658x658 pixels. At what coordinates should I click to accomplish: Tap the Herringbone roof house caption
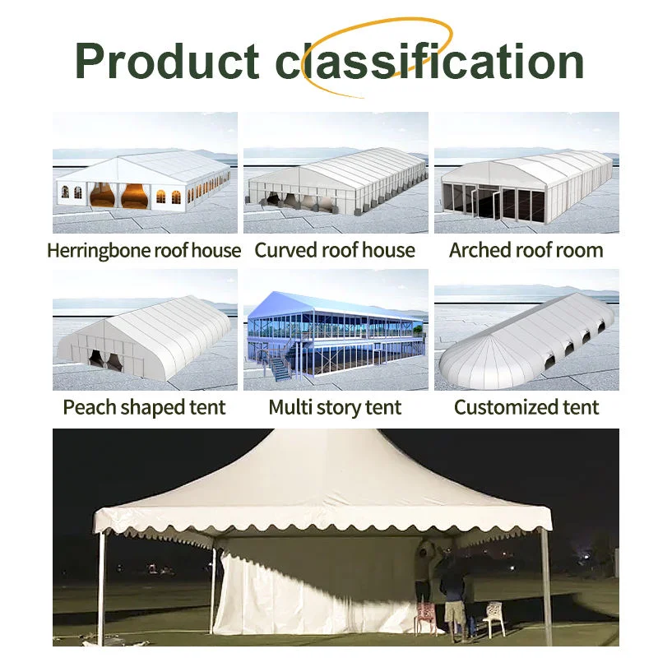click(x=144, y=250)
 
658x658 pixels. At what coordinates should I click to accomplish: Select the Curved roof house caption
click(x=335, y=250)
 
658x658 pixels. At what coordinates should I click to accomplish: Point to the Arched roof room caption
click(x=526, y=250)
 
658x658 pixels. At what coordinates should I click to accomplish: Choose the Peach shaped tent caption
click(x=144, y=407)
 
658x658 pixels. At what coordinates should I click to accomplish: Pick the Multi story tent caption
click(x=335, y=407)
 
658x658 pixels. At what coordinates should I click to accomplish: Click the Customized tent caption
click(x=526, y=407)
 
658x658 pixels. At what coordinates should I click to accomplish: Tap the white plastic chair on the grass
click(x=493, y=618)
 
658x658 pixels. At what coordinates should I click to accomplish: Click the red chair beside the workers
click(x=427, y=615)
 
